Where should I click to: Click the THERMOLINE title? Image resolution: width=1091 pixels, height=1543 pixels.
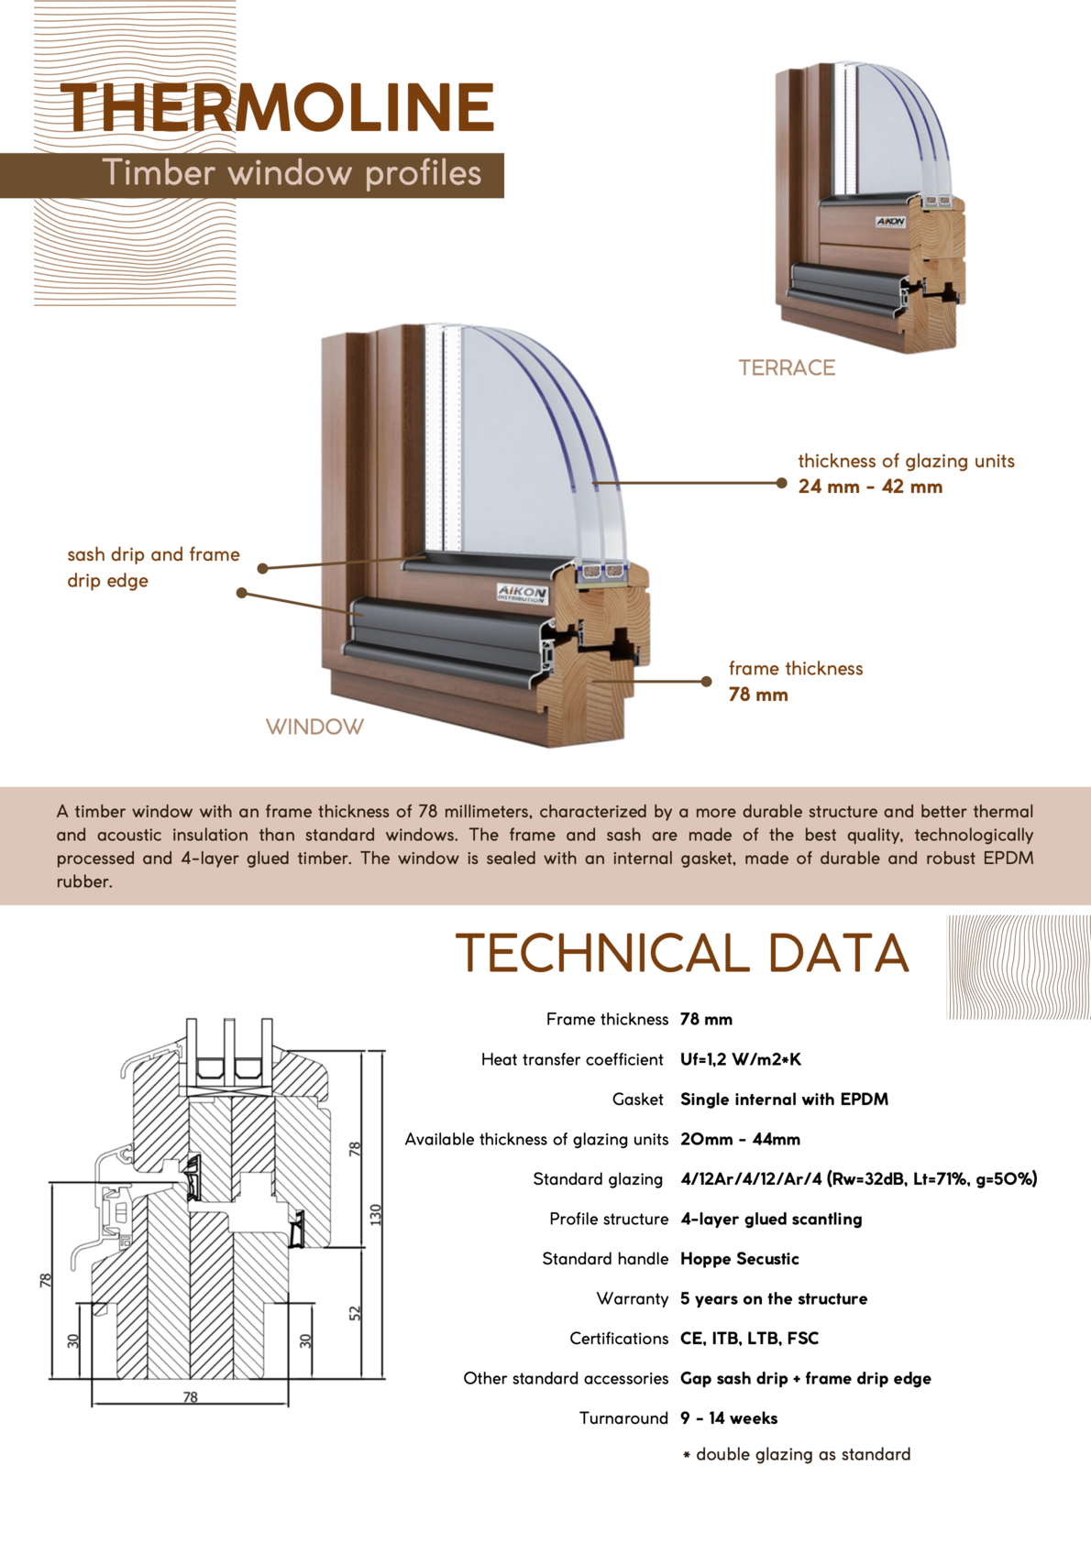click(x=278, y=108)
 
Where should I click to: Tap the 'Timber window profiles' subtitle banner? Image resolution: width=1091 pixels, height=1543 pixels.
click(x=292, y=173)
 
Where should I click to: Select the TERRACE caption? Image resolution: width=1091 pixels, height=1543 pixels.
click(x=787, y=368)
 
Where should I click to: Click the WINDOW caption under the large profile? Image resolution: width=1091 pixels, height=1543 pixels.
click(x=314, y=727)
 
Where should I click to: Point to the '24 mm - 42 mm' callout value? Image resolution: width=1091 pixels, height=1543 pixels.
click(x=870, y=487)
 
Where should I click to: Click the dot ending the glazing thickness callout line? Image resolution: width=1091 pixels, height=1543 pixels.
click(x=781, y=483)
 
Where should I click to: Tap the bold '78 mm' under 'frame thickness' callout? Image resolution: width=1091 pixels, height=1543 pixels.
click(x=758, y=695)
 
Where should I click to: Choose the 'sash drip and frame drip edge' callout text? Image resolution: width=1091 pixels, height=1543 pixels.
click(x=153, y=567)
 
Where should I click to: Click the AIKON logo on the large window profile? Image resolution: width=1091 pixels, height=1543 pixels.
click(x=522, y=593)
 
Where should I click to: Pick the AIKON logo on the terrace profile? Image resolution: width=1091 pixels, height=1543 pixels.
click(x=890, y=222)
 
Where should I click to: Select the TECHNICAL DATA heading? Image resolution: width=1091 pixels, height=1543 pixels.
click(x=682, y=953)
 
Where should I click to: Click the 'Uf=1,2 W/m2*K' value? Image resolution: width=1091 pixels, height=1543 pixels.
click(x=741, y=1059)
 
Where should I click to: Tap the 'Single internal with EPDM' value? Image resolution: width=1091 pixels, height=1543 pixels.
click(x=784, y=1100)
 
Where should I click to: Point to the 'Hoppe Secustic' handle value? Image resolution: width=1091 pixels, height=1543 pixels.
click(x=739, y=1259)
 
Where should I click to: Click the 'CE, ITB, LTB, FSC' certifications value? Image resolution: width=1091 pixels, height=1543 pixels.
click(x=749, y=1339)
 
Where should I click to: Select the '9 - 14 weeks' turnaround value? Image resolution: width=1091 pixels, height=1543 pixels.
click(x=729, y=1418)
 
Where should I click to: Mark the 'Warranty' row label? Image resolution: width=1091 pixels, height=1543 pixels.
click(x=632, y=1298)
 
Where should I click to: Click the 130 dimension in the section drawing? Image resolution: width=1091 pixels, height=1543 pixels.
click(x=375, y=1214)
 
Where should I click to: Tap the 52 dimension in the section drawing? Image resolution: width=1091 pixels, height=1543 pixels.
click(x=356, y=1313)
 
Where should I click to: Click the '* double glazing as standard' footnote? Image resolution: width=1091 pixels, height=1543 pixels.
click(x=797, y=1454)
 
